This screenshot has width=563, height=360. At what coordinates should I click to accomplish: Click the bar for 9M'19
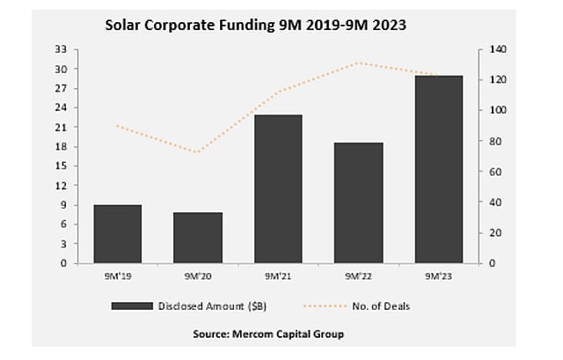tap(117, 234)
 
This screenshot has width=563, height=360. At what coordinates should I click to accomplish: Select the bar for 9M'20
tap(197, 238)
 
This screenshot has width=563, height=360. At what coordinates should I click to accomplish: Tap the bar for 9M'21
tap(278, 189)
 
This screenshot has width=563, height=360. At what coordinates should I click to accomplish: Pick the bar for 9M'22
tap(357, 202)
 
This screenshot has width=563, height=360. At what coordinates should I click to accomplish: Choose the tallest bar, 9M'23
tap(438, 169)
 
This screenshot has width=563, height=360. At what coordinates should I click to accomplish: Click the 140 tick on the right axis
tap(497, 50)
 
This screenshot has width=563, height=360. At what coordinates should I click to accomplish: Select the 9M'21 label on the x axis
tap(278, 276)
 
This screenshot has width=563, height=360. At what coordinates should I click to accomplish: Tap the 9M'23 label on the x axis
tap(438, 276)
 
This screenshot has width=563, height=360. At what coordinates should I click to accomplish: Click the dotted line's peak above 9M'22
tap(357, 63)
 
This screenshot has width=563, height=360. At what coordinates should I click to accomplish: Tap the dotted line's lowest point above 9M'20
tap(197, 152)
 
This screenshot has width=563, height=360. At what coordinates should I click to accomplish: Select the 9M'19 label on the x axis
tap(117, 276)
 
